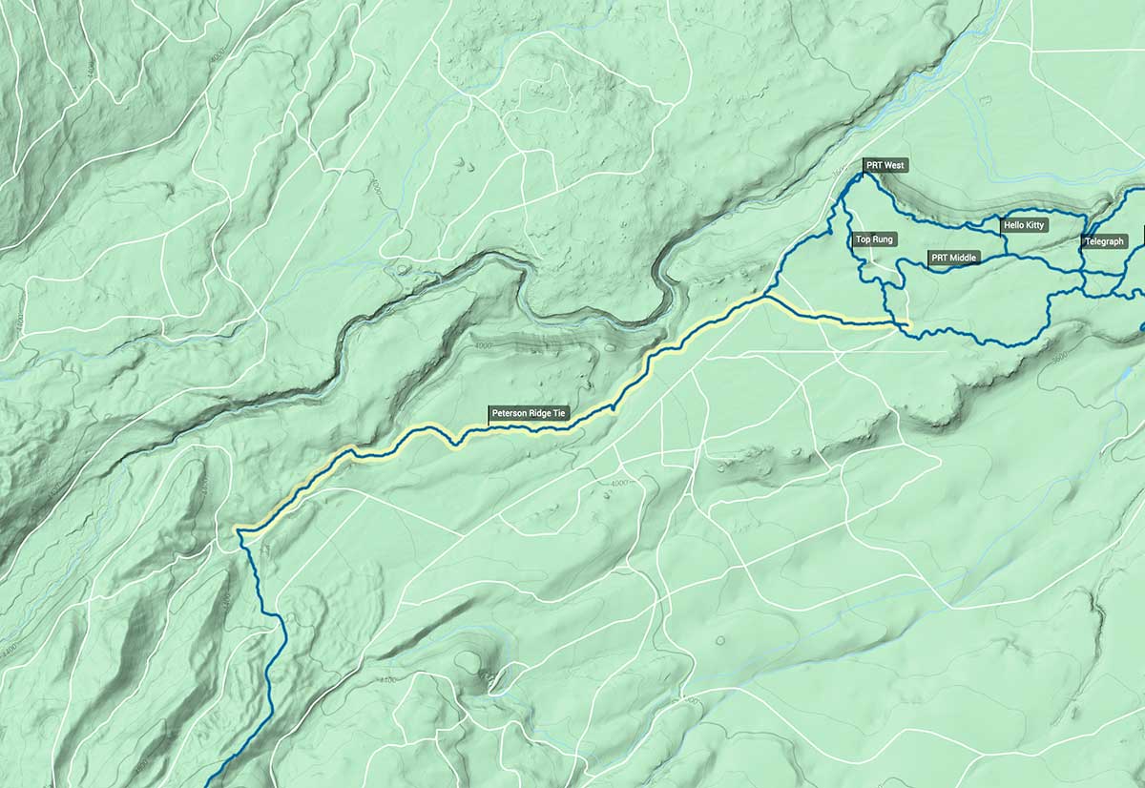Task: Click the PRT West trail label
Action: tap(885, 165)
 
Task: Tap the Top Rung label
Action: tap(874, 239)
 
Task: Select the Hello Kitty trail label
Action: tap(1024, 225)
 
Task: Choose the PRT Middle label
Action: tap(954, 258)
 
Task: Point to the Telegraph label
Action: tap(1105, 241)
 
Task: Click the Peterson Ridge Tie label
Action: tap(530, 414)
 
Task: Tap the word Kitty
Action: tap(1034, 225)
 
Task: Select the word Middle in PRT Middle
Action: tap(964, 258)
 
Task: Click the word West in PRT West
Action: tap(894, 165)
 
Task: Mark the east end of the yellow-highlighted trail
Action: tap(907, 327)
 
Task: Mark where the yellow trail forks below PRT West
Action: tap(766, 298)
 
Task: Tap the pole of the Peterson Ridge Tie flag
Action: tap(489, 420)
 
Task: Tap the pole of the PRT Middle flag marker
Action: tap(928, 263)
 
